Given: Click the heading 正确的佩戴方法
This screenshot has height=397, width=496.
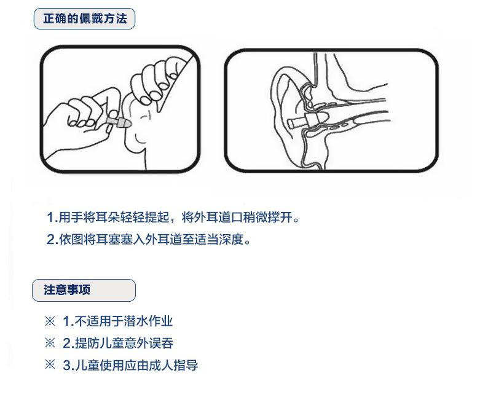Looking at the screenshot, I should [85, 19].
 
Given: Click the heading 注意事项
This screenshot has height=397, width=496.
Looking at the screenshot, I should [67, 289].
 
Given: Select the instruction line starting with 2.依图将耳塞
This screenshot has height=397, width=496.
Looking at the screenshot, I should [149, 239].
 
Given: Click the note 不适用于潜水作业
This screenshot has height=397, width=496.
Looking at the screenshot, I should [117, 321].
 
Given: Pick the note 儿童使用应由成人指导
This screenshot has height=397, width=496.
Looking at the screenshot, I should [130, 365].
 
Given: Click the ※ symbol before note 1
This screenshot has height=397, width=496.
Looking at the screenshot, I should [50, 321].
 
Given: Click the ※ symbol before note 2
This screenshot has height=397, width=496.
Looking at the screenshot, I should [50, 343].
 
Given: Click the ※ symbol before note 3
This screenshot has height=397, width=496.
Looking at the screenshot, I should [50, 365].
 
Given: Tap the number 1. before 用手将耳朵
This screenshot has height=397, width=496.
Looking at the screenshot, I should [52, 217].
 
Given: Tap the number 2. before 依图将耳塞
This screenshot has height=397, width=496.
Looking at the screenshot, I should [52, 239].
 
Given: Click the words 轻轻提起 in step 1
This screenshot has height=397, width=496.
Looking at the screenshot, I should [143, 217].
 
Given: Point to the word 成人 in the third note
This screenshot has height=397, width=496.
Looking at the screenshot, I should [165, 365].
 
